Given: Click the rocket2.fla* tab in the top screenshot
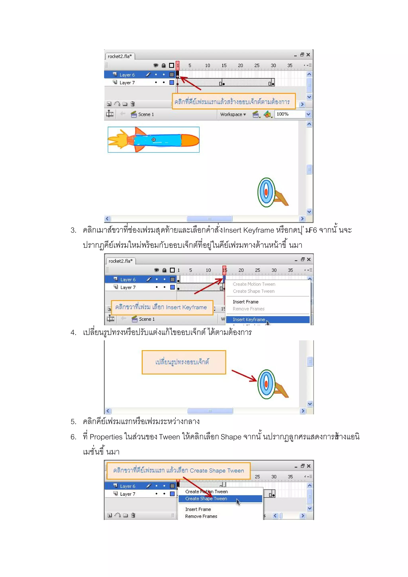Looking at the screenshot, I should (x=120, y=56).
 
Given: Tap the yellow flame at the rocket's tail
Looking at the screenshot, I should (x=117, y=140).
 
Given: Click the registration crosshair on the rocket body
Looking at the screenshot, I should (x=154, y=140).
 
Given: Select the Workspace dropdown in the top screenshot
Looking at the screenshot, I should (x=233, y=114).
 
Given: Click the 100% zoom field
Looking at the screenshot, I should (x=289, y=114).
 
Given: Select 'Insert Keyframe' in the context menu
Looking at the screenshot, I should (x=249, y=319).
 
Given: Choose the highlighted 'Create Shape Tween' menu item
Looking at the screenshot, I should (x=206, y=499).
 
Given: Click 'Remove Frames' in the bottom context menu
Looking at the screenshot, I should (x=201, y=516).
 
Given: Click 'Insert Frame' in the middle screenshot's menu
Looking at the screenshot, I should (x=245, y=302).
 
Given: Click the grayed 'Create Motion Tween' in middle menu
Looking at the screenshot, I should (x=254, y=284).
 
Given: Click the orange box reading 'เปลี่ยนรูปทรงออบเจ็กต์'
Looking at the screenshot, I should (x=184, y=362).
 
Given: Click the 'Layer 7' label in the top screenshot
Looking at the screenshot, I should (x=127, y=83).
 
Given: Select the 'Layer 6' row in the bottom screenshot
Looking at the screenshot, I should (x=127, y=486).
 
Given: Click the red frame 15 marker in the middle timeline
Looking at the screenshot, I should (x=224, y=270).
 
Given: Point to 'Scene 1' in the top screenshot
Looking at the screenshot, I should (x=146, y=114).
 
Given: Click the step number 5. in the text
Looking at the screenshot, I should (x=73, y=422).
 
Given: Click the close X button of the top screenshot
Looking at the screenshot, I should (x=308, y=55).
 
